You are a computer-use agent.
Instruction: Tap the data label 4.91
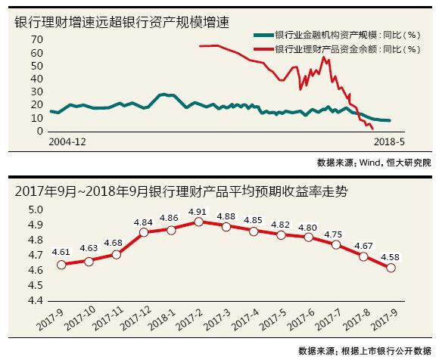pyautogui.click(x=199, y=211)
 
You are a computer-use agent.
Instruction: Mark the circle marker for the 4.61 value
pyautogui.click(x=61, y=265)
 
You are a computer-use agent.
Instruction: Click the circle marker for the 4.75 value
pyautogui.click(x=336, y=244)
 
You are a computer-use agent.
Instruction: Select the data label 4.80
pyautogui.click(x=308, y=227)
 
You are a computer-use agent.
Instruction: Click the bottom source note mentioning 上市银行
pyautogui.click(x=363, y=350)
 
